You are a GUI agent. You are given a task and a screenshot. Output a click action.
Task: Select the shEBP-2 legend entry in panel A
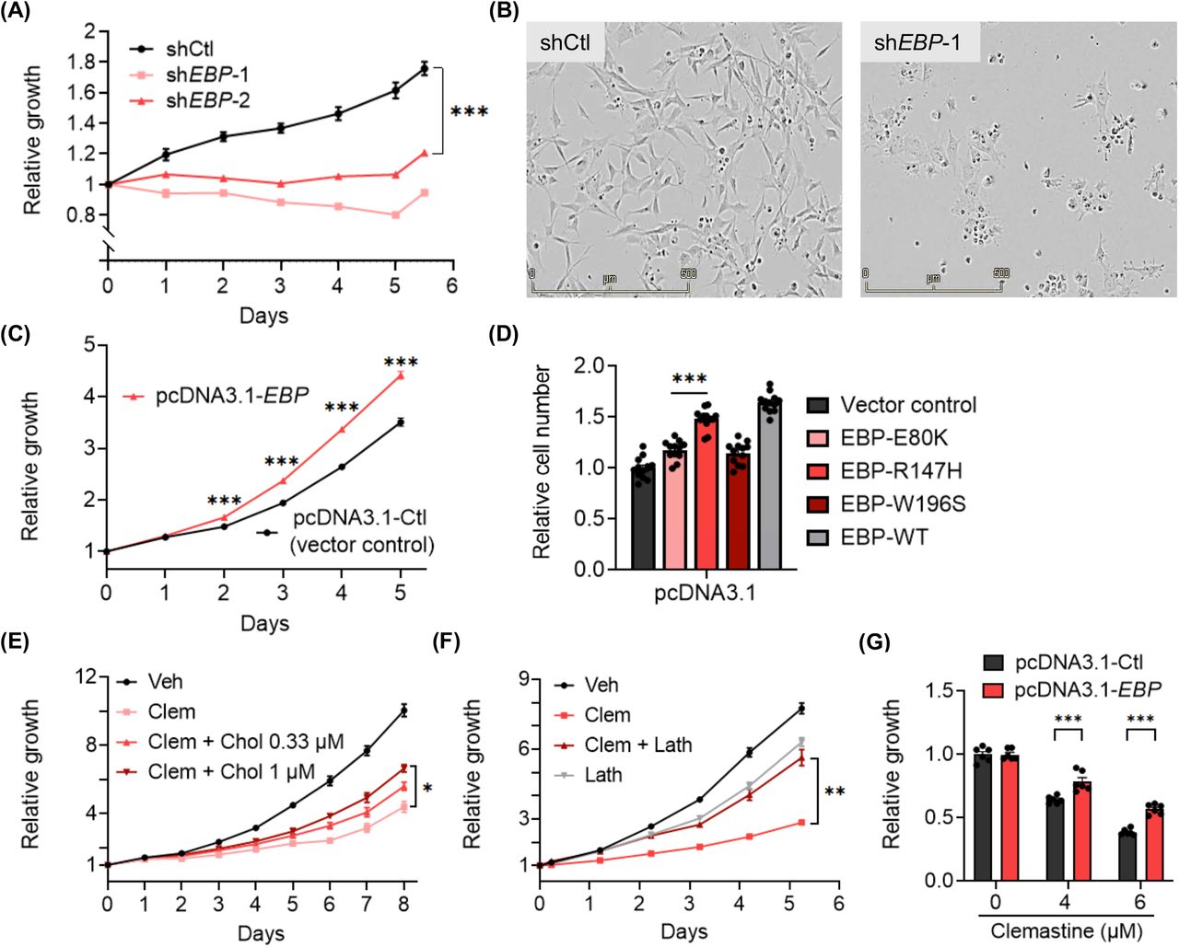(x=207, y=100)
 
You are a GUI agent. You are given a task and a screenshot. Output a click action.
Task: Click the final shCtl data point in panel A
(x=424, y=67)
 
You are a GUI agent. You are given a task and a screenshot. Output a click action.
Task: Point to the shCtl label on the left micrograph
(x=565, y=42)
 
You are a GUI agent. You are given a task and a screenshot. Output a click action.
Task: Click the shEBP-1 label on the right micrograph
(x=917, y=42)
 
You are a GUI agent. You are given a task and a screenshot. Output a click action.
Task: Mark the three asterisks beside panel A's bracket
(x=469, y=112)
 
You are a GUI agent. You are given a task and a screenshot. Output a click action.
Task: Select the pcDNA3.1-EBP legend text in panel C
(x=231, y=397)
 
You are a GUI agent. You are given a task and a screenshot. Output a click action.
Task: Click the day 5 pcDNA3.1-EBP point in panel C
(x=400, y=375)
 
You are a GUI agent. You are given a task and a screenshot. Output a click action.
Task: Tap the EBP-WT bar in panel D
(x=770, y=484)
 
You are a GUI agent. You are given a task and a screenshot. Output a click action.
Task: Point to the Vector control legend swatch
(x=819, y=405)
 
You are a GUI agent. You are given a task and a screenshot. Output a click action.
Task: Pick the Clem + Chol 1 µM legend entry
(x=230, y=771)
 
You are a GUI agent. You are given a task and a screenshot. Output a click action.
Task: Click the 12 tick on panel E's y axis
(x=87, y=676)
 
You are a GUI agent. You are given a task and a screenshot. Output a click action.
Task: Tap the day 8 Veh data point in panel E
(x=403, y=710)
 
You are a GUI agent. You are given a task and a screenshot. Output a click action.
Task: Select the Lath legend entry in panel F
(x=602, y=775)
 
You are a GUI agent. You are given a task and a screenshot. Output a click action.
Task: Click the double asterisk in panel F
(x=835, y=791)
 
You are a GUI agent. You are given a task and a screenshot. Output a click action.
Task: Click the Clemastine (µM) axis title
(x=1066, y=931)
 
